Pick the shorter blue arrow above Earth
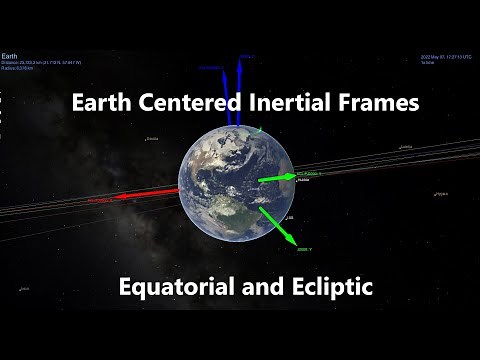[227, 100]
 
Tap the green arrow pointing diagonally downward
[276, 226]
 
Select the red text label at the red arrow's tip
[101, 200]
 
